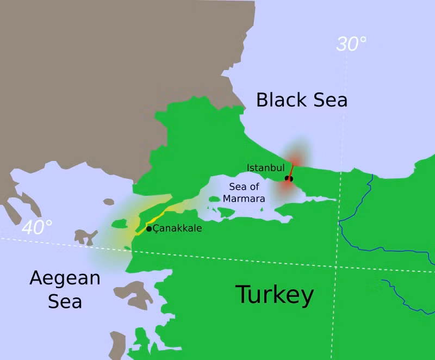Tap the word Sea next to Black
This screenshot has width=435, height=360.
[329, 100]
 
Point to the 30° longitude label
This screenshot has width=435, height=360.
[351, 44]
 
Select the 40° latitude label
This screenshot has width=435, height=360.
[37, 227]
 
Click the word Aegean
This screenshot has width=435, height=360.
[65, 278]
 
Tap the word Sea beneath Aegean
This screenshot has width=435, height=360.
[65, 301]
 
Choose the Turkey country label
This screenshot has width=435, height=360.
[274, 295]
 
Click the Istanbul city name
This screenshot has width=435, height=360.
[265, 167]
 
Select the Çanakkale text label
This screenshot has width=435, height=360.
[177, 228]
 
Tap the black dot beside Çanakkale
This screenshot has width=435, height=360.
[149, 228]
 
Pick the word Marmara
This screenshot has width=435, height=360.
[244, 198]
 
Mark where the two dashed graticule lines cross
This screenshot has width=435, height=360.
[336, 267]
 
